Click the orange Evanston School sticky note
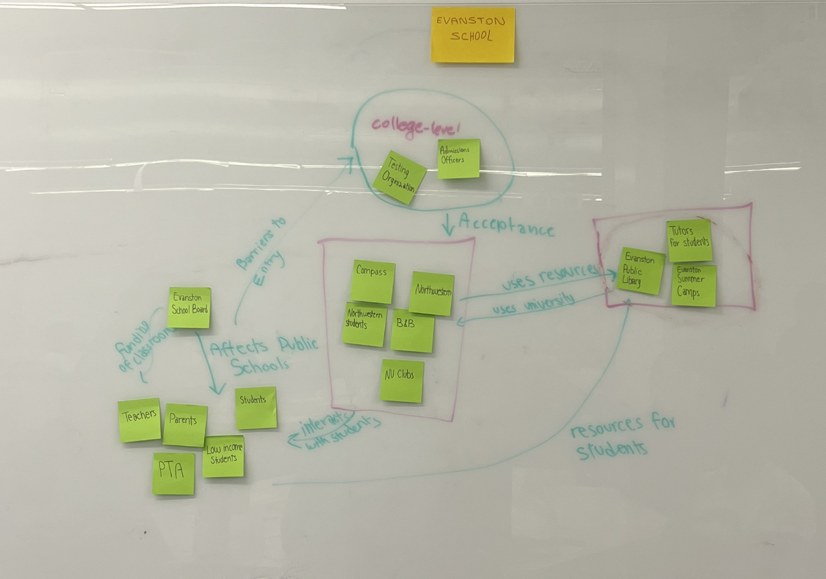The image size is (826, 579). pyautogui.click(x=473, y=35)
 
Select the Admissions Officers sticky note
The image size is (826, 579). pyautogui.click(x=459, y=158)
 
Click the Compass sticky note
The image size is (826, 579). pyautogui.click(x=373, y=282)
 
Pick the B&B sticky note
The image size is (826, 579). pyautogui.click(x=412, y=331)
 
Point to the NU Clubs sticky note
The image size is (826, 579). pyautogui.click(x=402, y=381)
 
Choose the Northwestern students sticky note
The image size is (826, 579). pyautogui.click(x=364, y=324)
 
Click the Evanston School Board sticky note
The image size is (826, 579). pyautogui.click(x=189, y=308)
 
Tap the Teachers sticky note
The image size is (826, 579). pyautogui.click(x=140, y=420)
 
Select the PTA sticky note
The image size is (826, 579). pyautogui.click(x=174, y=473)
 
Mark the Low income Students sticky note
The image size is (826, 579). pyautogui.click(x=223, y=456)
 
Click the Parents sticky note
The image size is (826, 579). pyautogui.click(x=185, y=425)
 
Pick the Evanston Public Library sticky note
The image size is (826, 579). pyautogui.click(x=641, y=271)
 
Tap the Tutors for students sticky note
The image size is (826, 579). pyautogui.click(x=689, y=241)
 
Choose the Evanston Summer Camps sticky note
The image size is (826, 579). pyautogui.click(x=694, y=286)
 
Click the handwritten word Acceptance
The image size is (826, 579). pyautogui.click(x=506, y=226)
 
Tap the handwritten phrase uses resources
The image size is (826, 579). pyautogui.click(x=549, y=276)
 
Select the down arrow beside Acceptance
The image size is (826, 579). pyautogui.click(x=449, y=224)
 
